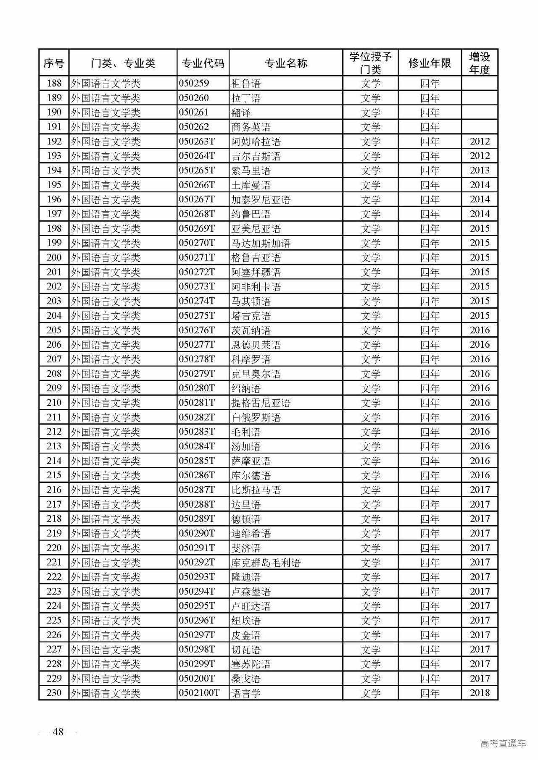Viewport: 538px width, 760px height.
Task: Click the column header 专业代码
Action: tap(203, 63)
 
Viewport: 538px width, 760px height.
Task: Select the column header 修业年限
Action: tap(430, 63)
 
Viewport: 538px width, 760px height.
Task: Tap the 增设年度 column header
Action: tap(480, 63)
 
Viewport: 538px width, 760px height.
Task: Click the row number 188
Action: tap(54, 83)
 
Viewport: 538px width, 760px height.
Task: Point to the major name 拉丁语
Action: tap(246, 98)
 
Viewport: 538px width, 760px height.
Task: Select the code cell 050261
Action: tap(194, 112)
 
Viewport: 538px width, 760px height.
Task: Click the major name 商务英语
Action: tap(251, 127)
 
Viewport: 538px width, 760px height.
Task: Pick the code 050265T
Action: tap(197, 170)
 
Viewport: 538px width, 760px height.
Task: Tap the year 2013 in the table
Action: tap(480, 170)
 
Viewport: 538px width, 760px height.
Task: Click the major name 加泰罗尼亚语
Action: tap(261, 199)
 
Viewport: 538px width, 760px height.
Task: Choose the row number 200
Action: tap(54, 257)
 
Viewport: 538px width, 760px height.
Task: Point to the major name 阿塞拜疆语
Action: tap(256, 272)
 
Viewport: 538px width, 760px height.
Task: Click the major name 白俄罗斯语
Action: tap(256, 417)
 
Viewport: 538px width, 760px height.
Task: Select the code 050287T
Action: tap(197, 490)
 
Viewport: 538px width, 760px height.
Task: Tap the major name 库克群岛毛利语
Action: tap(266, 563)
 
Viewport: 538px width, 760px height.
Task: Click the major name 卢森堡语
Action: tap(251, 592)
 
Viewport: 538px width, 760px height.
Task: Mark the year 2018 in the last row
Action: tap(480, 693)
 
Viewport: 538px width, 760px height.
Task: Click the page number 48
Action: tap(58, 732)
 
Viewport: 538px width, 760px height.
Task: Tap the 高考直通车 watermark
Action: tap(503, 744)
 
